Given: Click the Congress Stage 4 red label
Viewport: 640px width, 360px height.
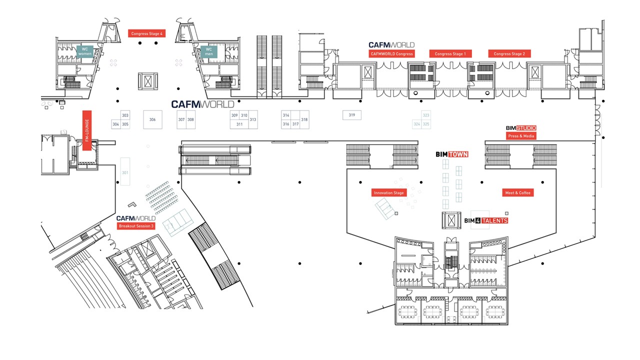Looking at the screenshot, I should click(147, 33).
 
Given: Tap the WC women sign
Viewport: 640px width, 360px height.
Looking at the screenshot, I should click(85, 51).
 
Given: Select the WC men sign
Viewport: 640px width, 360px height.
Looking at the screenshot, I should click(209, 51).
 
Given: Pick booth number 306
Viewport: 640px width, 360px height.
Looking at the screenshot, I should click(152, 120).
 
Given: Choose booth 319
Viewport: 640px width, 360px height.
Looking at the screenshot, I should click(352, 115).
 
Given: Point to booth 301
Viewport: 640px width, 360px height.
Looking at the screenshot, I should click(125, 172).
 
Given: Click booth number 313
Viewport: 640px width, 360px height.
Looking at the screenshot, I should click(253, 119).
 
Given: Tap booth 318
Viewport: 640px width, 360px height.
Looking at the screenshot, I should click(304, 120).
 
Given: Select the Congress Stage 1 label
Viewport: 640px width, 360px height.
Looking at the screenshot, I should click(450, 54).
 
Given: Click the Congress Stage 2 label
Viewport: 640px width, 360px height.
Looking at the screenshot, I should click(509, 54).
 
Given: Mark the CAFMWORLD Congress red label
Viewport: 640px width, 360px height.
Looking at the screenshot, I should click(391, 54).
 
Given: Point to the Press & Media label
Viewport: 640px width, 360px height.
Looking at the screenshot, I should click(521, 136).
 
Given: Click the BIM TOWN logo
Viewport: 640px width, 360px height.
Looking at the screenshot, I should click(452, 154).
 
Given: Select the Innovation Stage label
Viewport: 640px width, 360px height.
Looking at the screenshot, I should click(388, 192).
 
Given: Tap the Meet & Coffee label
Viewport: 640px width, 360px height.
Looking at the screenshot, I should click(517, 192).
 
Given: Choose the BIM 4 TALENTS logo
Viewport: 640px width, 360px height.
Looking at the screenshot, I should click(486, 220).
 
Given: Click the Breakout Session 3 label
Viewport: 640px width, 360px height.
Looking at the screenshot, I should click(136, 226).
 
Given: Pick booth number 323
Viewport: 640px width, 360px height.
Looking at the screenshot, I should click(426, 115).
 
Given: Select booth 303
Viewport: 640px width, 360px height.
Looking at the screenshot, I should click(125, 115).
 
